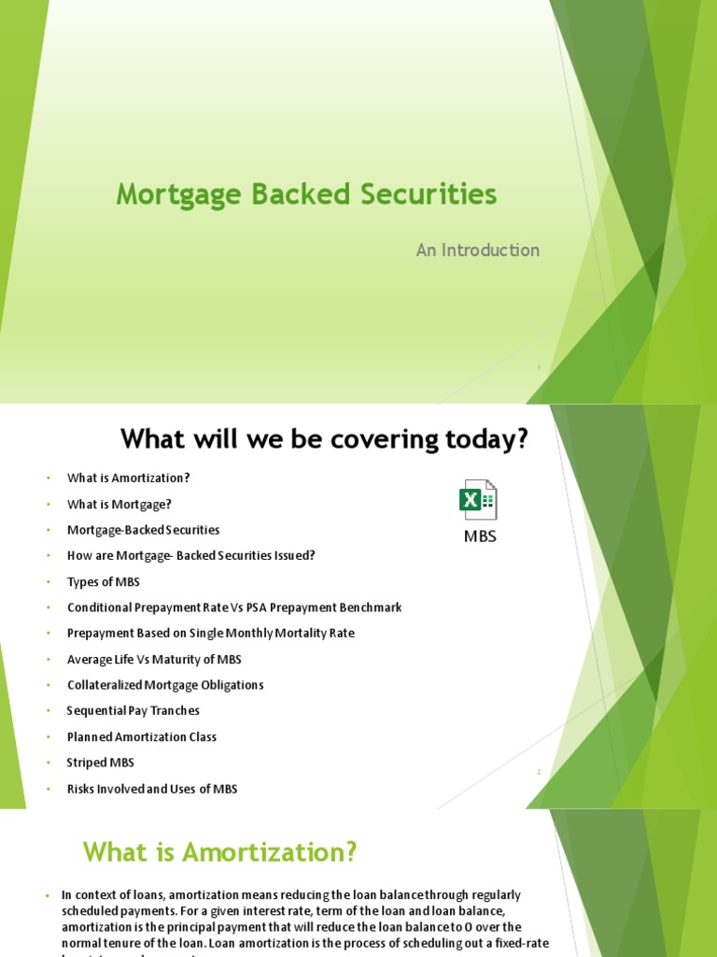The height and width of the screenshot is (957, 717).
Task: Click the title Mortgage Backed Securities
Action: pos(306,194)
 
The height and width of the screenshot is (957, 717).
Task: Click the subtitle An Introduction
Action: pos(477,250)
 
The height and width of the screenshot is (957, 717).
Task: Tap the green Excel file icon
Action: pos(478,500)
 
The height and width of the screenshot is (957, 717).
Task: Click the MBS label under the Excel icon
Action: pos(480,536)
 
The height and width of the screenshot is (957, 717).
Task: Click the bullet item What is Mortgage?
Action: pos(119,504)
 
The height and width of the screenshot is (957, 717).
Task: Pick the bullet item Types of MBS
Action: pos(104,581)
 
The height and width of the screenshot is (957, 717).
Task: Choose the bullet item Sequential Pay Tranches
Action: pos(134,710)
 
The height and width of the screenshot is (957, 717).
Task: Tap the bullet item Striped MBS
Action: pos(101,763)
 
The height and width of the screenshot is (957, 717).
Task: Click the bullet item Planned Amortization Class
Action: pos(142,736)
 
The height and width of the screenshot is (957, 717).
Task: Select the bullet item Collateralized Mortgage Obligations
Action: pos(165,685)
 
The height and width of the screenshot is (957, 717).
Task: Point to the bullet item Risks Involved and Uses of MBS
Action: pos(152,789)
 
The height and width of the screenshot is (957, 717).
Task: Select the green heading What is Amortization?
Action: pos(220,852)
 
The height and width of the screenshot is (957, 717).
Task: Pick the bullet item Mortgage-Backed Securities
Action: pos(144,530)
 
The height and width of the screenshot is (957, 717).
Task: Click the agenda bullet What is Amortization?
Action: pos(129,478)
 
